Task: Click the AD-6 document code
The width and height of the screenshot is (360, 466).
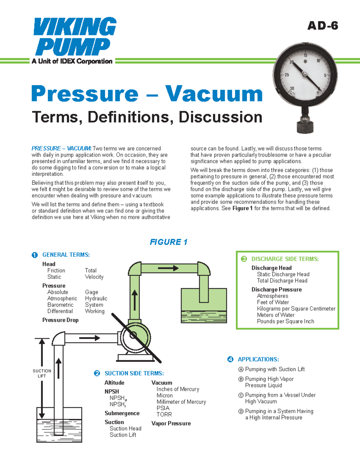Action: (x=322, y=26)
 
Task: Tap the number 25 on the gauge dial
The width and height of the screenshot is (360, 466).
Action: (x=287, y=75)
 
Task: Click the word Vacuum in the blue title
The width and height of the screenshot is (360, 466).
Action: (x=214, y=94)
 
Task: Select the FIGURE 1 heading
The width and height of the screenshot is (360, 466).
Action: (x=168, y=242)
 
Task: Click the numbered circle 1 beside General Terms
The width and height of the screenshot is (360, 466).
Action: (x=35, y=255)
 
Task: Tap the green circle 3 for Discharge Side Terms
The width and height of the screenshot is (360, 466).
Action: (x=244, y=259)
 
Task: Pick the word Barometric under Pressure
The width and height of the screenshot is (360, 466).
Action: (x=60, y=305)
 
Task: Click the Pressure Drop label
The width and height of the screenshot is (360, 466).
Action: (x=60, y=320)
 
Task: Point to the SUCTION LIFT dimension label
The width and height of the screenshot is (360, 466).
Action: (x=42, y=373)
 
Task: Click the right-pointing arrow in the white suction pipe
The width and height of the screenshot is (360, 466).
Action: (x=89, y=338)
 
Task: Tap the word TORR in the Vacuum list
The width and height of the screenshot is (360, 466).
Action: (x=164, y=414)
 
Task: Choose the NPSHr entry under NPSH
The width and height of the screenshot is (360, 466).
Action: (x=118, y=404)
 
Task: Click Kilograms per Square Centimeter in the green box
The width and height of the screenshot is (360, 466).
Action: (x=296, y=309)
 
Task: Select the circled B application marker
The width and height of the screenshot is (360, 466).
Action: (x=241, y=379)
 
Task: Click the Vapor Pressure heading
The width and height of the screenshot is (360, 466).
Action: (x=171, y=423)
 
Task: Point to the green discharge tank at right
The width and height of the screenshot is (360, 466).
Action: (x=204, y=305)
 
